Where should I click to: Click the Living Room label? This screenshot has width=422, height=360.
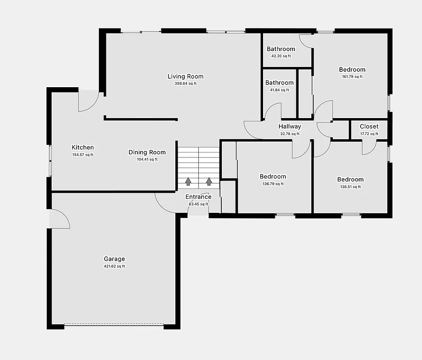[x=186, y=76]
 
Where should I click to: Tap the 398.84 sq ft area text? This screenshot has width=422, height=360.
[x=186, y=84]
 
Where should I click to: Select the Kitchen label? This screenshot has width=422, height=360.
[x=83, y=147]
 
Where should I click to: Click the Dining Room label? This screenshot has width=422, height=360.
[x=147, y=152]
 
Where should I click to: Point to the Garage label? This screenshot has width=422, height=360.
[x=114, y=259]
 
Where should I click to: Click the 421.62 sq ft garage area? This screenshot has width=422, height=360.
[x=114, y=266]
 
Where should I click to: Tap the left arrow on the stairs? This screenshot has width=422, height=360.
[x=188, y=181]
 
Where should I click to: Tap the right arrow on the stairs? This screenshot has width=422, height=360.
[x=209, y=181]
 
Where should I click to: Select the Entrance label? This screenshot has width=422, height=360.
[x=198, y=197]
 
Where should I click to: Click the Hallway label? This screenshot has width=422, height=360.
[x=290, y=127]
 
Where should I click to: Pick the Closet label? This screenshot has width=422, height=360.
[x=369, y=127]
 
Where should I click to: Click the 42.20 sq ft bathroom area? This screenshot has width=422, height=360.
[x=281, y=56]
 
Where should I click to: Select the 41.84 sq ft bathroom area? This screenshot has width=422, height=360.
[x=279, y=90]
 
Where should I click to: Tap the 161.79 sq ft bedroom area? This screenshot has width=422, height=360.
[x=352, y=77]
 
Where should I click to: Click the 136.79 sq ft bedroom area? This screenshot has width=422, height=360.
[x=273, y=184]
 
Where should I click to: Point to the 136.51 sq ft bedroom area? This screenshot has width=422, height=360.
[x=350, y=187]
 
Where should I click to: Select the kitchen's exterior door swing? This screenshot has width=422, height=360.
[x=87, y=101]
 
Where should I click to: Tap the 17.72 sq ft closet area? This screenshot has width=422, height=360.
[x=369, y=134]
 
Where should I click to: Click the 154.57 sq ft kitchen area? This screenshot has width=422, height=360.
[x=83, y=155]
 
